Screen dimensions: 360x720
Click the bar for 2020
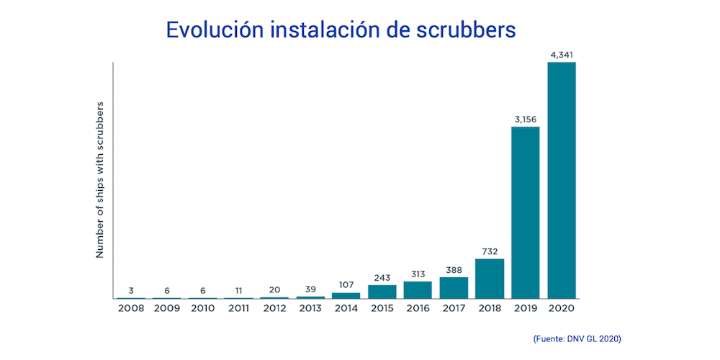[x=562, y=180]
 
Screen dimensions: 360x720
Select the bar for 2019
[x=526, y=212]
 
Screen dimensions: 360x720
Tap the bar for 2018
[x=490, y=279]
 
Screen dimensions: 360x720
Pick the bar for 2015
[x=382, y=292]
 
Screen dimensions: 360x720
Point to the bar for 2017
[x=454, y=288]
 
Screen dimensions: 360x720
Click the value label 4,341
[x=562, y=55]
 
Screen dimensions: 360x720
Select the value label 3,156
[x=526, y=119]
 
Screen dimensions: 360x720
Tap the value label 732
[x=490, y=251]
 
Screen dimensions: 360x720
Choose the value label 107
[x=346, y=284]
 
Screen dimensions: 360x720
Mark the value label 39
[x=310, y=289]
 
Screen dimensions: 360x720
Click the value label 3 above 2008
[x=131, y=290]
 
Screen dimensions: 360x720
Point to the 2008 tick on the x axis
[x=130, y=308]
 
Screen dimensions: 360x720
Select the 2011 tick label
[x=238, y=308]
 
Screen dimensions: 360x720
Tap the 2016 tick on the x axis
[x=418, y=308]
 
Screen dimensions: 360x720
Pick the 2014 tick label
[x=346, y=308]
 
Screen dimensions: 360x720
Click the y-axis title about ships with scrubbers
[x=102, y=180]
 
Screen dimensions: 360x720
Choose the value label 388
[x=454, y=269]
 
